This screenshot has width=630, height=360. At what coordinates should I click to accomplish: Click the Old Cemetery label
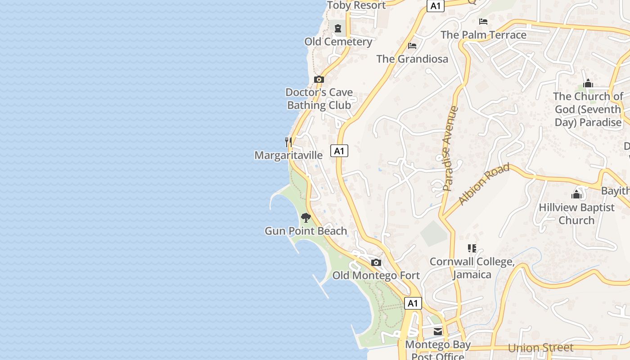pos(338,42)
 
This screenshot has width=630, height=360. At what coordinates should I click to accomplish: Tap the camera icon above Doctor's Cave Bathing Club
pos(319,80)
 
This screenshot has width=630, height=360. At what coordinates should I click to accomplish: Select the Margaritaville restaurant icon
pos(288,142)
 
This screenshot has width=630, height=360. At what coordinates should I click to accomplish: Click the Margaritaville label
pos(288,155)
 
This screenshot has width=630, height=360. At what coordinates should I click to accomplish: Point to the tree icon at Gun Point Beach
pos(306,218)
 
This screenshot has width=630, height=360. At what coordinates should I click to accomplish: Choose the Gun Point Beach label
pos(306,231)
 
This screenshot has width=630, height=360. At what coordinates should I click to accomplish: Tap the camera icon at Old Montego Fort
pos(376,263)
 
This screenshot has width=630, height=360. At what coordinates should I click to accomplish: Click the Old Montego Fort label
pos(376,275)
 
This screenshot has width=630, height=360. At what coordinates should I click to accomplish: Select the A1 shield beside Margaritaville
pos(339,151)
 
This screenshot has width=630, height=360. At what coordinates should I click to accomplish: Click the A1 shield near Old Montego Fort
pos(413,303)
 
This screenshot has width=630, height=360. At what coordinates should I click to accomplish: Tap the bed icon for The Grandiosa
pos(412,46)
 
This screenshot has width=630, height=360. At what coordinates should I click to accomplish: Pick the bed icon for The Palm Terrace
pos(483,22)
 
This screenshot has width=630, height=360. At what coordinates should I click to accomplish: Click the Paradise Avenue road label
pos(450,148)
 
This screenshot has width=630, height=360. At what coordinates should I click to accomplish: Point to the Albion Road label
pos(484,184)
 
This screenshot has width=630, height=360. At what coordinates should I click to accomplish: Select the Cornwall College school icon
pos(472,248)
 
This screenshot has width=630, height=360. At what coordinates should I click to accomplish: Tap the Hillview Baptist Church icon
pos(576,194)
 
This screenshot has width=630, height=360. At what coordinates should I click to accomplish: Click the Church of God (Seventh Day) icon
pos(588,83)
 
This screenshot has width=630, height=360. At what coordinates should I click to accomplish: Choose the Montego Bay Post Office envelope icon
pos(438,332)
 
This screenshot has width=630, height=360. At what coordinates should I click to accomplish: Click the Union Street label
pos(541,348)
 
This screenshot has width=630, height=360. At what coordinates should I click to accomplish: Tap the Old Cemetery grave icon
pos(338,28)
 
